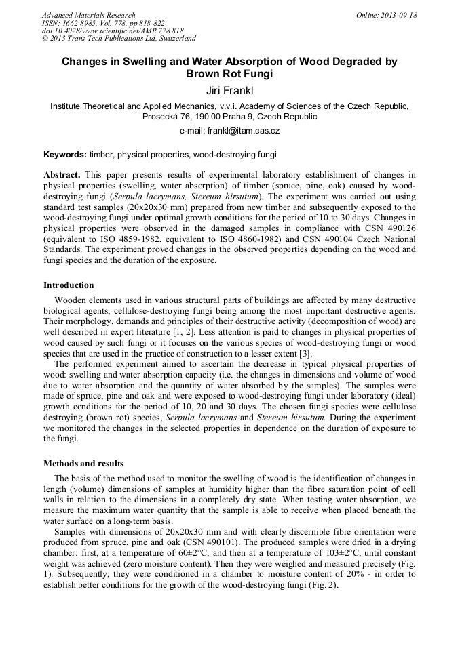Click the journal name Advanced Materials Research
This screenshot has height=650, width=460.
click(x=88, y=15)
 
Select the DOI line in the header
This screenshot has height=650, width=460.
click(x=113, y=31)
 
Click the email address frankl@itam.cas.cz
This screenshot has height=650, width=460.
click(x=243, y=131)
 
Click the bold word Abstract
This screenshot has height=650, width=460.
click(x=62, y=174)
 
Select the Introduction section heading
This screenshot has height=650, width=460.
click(x=69, y=285)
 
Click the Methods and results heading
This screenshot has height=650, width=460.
click(x=83, y=464)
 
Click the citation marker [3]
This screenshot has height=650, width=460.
click(x=305, y=353)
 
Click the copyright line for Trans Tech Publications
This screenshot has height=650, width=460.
click(x=119, y=39)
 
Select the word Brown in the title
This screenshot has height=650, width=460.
click(x=210, y=73)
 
